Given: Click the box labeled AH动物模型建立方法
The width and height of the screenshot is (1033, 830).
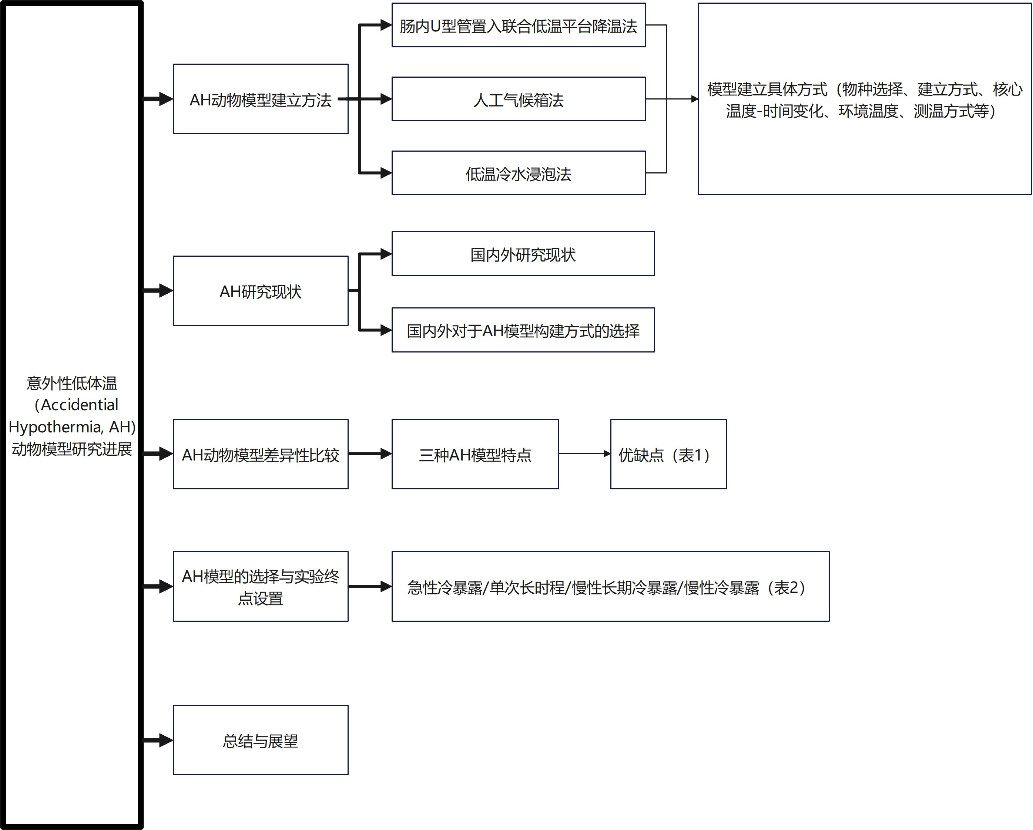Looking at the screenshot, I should (260, 99).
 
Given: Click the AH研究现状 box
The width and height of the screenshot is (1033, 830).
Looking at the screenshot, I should (260, 291).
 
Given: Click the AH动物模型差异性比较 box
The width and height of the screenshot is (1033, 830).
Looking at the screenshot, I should (260, 454).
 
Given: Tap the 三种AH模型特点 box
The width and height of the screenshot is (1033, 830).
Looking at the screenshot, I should (475, 454).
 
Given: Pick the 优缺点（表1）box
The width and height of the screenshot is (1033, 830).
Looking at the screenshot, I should (668, 454).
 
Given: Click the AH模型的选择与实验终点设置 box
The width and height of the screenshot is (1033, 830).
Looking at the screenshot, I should (260, 586).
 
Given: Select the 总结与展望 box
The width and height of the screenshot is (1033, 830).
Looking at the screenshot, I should (260, 740).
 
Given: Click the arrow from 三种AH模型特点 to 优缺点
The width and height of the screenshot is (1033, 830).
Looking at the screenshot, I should (584, 453).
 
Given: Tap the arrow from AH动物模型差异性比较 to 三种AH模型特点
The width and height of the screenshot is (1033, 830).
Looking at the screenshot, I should (370, 453).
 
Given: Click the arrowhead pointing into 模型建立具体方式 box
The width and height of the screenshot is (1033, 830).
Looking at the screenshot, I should (695, 99).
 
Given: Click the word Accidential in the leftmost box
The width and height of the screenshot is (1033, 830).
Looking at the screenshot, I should (80, 405).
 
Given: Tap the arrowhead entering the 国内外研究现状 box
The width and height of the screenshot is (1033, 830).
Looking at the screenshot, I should (386, 254).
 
